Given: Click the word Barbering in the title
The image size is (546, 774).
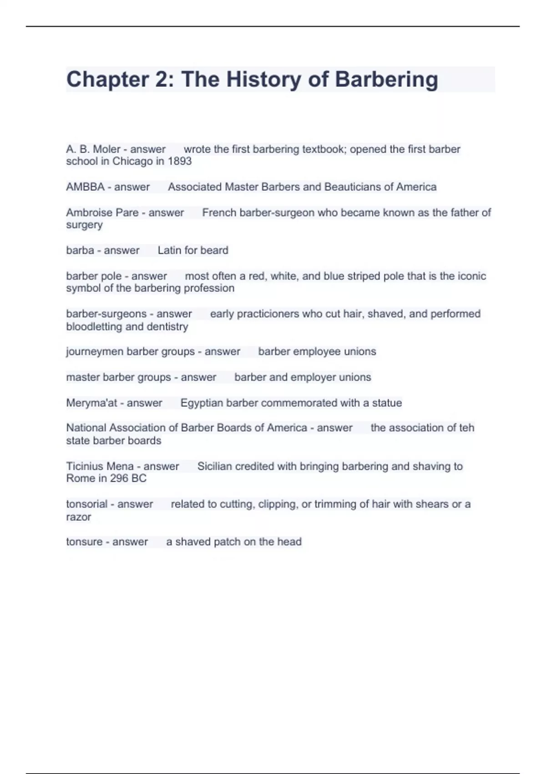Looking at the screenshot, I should [386, 80].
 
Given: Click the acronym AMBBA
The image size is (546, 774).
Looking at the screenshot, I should [85, 187].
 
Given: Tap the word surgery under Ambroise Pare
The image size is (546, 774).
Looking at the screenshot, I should [84, 225].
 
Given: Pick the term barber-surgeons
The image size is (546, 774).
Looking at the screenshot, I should [103, 314].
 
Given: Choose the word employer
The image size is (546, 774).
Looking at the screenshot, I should [314, 377].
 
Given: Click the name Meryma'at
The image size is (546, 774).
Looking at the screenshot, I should [91, 403].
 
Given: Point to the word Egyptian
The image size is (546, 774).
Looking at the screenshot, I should [202, 403].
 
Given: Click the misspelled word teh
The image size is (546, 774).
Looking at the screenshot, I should [466, 428].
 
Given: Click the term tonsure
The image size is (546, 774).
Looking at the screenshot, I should [84, 542].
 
